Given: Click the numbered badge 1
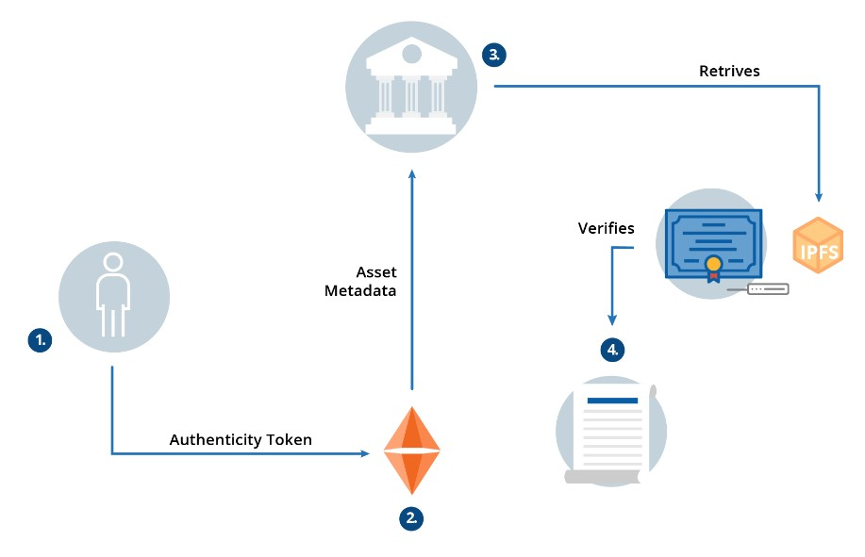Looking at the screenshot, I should (x=39, y=340).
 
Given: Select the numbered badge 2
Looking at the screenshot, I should (x=410, y=517).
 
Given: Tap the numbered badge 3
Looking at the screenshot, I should (x=493, y=54).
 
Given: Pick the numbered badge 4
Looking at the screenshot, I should (x=612, y=350).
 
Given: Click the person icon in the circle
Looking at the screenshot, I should (x=113, y=294).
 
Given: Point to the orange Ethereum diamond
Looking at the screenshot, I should (x=411, y=451).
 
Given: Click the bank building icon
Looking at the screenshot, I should (x=411, y=86).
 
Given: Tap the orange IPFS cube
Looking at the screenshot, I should (x=817, y=245).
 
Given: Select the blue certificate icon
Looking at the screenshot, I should (x=712, y=243).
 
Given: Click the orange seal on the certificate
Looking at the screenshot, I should (x=714, y=264).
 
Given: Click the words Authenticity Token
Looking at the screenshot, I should (x=241, y=439).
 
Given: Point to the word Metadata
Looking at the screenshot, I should (x=360, y=291).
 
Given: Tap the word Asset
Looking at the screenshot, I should (x=375, y=272).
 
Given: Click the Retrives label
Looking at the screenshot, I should (x=729, y=71).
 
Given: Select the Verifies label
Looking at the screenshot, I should (x=606, y=228).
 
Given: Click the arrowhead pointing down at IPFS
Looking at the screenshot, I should (x=819, y=196).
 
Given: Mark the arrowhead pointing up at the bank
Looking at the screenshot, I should (x=411, y=173).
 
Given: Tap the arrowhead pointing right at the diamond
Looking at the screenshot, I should (x=364, y=454).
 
